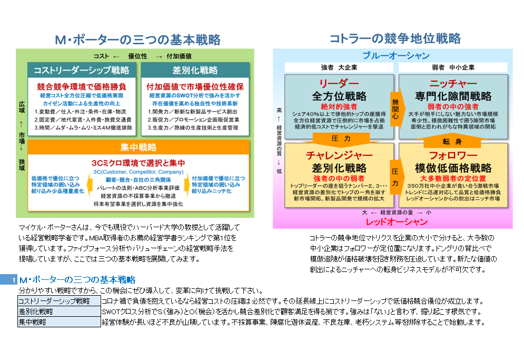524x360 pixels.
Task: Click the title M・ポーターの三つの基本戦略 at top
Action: (137, 40)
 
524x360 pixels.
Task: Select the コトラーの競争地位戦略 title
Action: (395, 38)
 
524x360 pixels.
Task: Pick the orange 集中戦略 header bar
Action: (138, 147)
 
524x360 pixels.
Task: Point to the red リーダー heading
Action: (339, 84)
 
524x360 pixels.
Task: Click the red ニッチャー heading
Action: (453, 84)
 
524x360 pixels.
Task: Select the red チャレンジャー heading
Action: (339, 155)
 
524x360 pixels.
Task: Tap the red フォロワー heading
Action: (453, 155)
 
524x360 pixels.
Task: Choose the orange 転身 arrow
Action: (453, 142)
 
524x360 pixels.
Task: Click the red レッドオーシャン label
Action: (396, 221)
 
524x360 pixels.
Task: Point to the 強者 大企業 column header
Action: (339, 67)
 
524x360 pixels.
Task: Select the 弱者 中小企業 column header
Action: (453, 67)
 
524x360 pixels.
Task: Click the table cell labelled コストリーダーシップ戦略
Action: (58, 301)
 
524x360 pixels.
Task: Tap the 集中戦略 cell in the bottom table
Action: (58, 322)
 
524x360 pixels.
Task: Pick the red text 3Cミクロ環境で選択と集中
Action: (137, 162)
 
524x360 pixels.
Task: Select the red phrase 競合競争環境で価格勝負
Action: (82, 86)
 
